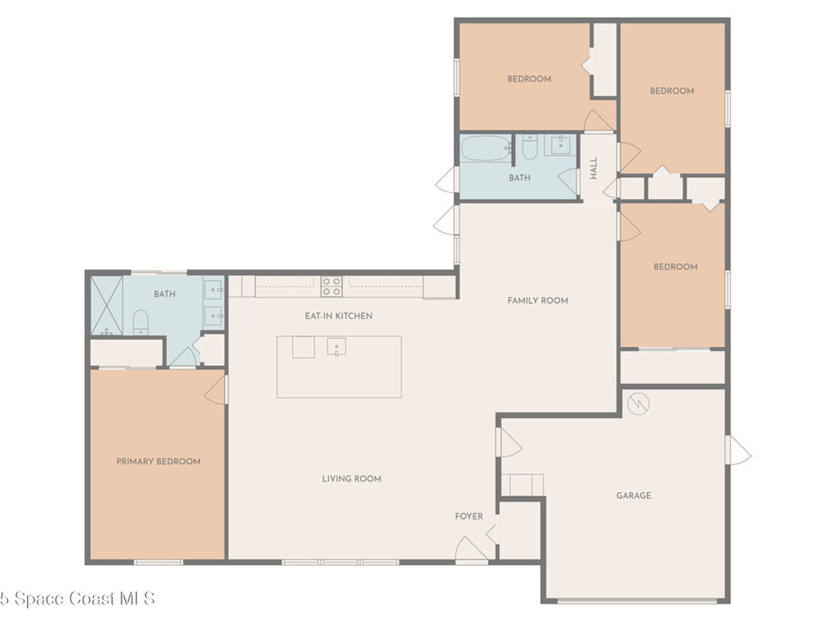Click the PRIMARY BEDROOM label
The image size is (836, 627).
[158, 461]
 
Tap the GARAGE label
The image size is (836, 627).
[634, 496]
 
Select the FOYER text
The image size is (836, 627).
[469, 516]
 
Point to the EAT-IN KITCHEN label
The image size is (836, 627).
[339, 315]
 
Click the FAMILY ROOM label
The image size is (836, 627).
[538, 300]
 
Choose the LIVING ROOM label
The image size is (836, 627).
[352, 478]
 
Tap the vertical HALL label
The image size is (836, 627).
[594, 168]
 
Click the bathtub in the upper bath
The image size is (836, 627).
[486, 149]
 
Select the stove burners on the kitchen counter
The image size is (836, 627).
[331, 286]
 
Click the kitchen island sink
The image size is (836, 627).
[336, 347]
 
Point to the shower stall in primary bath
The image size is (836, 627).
[106, 305]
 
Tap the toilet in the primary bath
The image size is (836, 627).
[140, 321]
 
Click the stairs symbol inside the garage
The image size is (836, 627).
[522, 484]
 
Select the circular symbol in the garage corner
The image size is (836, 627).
[638, 402]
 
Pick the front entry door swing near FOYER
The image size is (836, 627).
[472, 549]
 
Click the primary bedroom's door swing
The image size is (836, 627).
[216, 389]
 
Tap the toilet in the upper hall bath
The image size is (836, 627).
[529, 148]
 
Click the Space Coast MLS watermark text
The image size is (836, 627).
[77, 598]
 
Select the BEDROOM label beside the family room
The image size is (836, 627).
[675, 267]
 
